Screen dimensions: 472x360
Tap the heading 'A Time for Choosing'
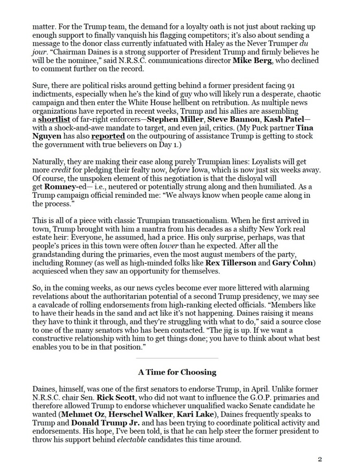tap(177, 372)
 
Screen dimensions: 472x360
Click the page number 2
tap(320, 460)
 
